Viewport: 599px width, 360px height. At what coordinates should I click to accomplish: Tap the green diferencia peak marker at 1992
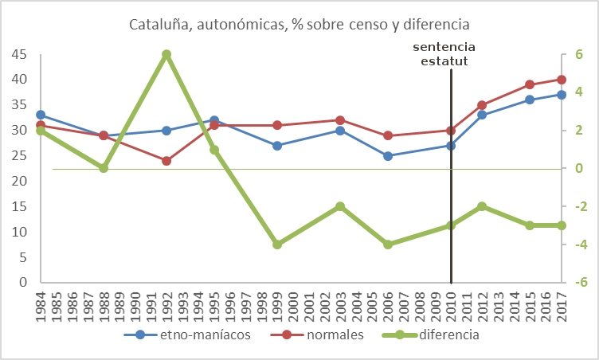pyautogui.click(x=166, y=54)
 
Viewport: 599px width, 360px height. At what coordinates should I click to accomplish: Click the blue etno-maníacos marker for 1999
pyautogui.click(x=277, y=146)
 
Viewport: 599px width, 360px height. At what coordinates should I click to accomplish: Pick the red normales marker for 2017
pyautogui.click(x=562, y=80)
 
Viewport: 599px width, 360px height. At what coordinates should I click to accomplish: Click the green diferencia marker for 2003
pyautogui.click(x=340, y=206)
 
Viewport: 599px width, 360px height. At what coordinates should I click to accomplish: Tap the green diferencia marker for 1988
pyautogui.click(x=104, y=168)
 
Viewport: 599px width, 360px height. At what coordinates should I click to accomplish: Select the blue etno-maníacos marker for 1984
pyautogui.click(x=41, y=115)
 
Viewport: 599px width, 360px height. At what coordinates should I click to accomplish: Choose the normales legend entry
pyautogui.click(x=324, y=335)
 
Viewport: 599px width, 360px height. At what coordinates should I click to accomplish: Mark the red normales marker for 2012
pyautogui.click(x=482, y=105)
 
